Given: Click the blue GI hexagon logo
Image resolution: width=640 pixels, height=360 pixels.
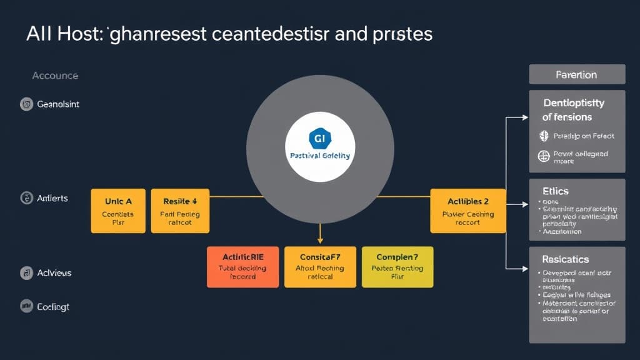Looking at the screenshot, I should [319, 137].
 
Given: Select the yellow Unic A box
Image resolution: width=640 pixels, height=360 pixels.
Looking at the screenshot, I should [118, 211].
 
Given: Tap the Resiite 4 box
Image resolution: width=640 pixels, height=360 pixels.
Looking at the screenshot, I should [180, 211].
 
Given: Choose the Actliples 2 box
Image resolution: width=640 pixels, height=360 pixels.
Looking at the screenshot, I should [468, 211].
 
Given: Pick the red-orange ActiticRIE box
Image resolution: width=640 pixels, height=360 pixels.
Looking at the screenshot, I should [242, 267].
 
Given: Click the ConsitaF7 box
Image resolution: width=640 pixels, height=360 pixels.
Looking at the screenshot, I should [320, 267].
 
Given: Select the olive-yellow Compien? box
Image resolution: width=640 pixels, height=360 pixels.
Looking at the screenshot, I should [397, 267].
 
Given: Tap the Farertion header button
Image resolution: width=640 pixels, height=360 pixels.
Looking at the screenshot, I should [576, 74].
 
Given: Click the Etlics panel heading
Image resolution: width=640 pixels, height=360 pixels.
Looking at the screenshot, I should [556, 191].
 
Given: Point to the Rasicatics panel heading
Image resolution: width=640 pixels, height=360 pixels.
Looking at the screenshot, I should [565, 259].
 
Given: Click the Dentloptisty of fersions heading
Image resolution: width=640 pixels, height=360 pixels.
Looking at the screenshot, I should [574, 109].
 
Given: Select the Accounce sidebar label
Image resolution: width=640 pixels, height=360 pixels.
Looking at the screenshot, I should [55, 76].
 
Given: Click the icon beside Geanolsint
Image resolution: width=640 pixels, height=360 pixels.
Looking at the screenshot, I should [26, 104].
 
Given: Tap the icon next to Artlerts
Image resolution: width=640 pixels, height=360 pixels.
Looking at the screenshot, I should [26, 198].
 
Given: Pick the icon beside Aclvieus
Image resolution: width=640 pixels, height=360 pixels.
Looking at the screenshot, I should [26, 272].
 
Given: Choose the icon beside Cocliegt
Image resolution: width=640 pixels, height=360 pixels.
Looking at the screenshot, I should [26, 306].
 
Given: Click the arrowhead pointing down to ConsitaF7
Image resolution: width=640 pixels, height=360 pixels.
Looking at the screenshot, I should [320, 240].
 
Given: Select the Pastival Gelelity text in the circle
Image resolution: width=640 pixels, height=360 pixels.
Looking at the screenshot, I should [320, 156].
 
